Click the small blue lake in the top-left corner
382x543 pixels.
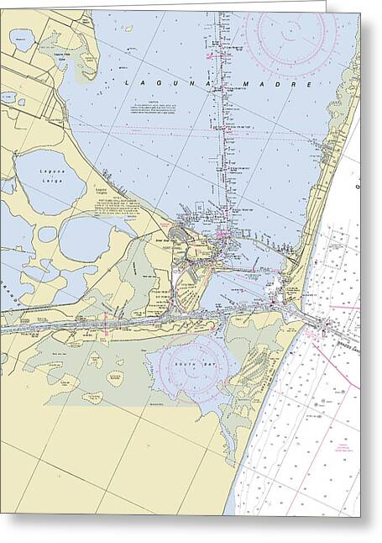click(x=21, y=39)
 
